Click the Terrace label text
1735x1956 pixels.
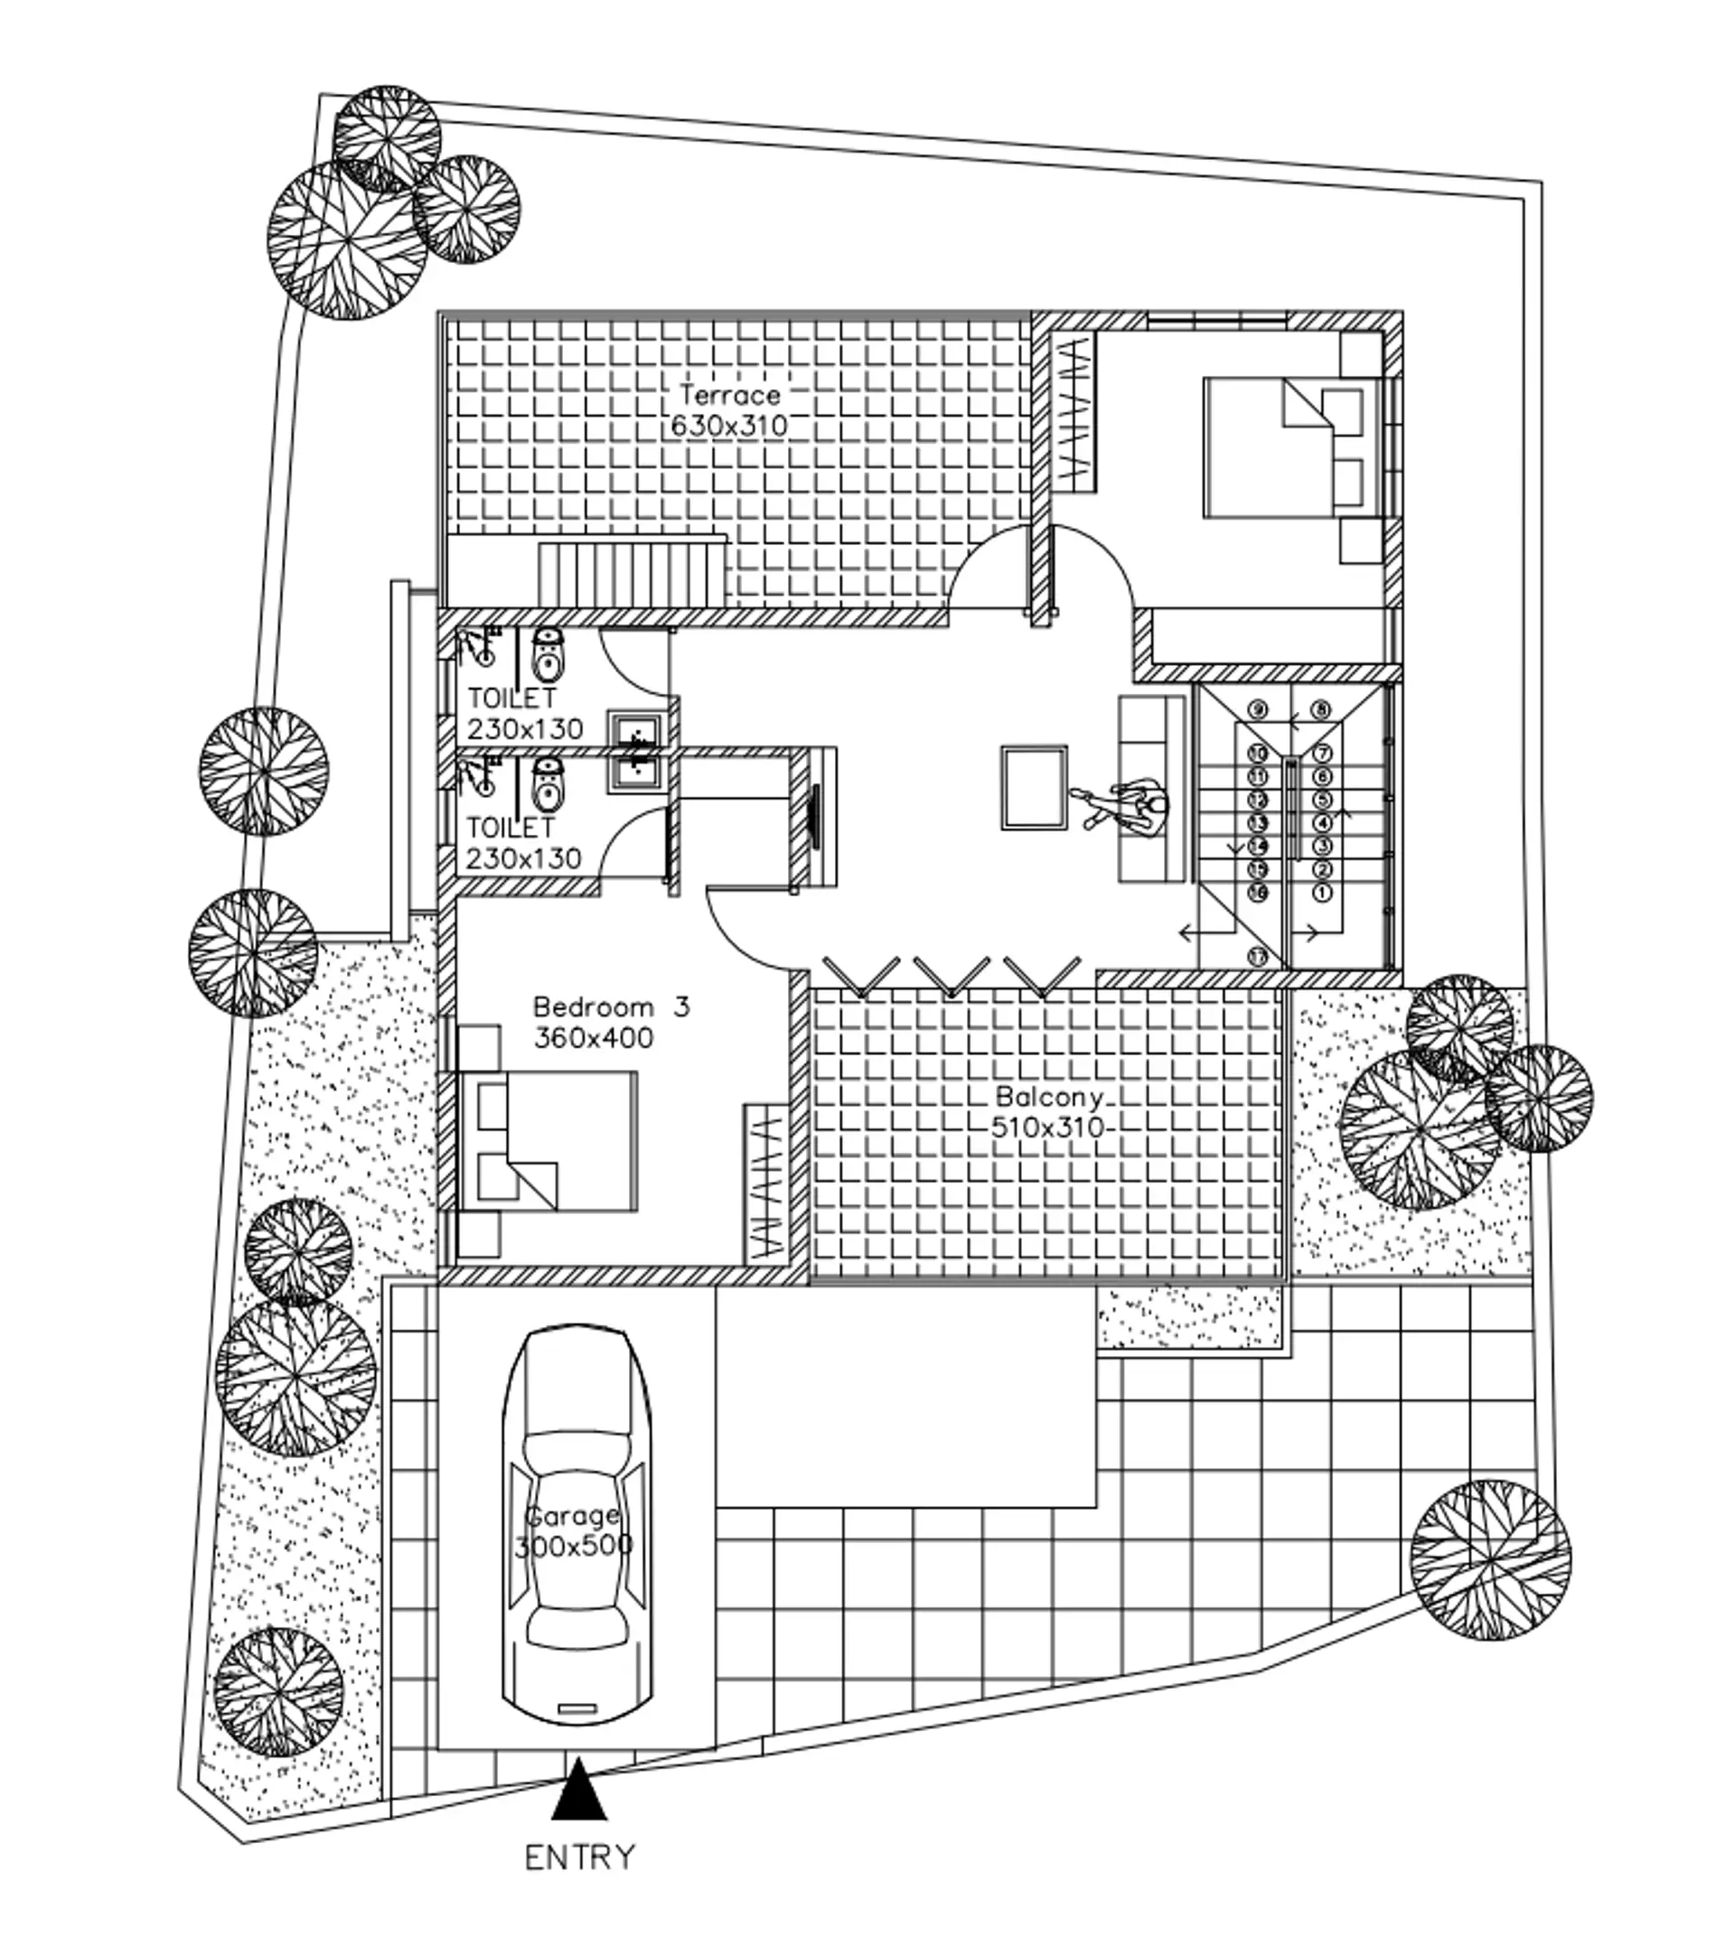[730, 394]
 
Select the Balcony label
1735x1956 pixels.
[1049, 1097]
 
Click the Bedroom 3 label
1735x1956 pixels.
[611, 1006]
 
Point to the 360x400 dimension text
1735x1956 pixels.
[594, 1038]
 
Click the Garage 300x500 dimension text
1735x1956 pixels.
[573, 1547]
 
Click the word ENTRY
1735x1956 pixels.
[579, 1858]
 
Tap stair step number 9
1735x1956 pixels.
[1258, 710]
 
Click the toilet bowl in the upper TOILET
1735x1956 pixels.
[547, 653]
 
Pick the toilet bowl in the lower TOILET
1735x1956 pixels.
[547, 782]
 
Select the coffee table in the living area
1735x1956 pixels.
[1035, 788]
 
